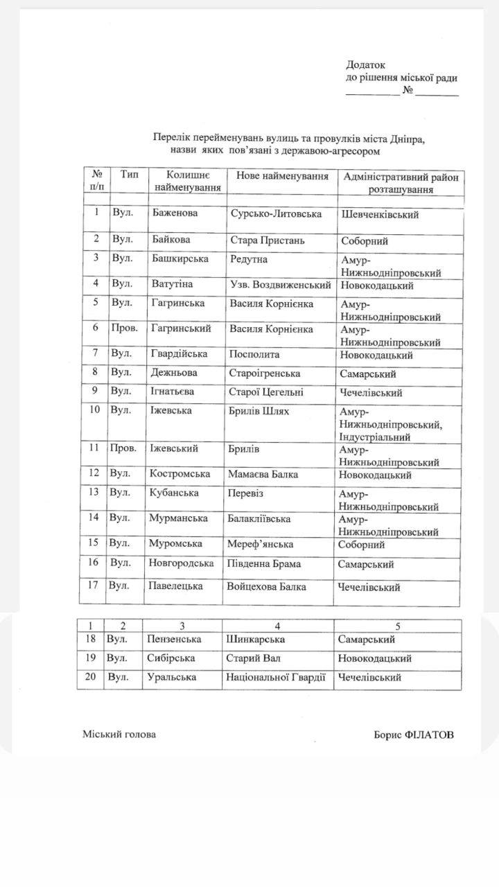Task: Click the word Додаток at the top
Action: [x=365, y=65]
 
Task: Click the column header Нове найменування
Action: [x=282, y=177]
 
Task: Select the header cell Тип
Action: [x=129, y=174]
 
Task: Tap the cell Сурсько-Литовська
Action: [x=275, y=214]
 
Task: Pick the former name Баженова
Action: [x=175, y=213]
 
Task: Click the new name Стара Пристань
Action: [x=268, y=241]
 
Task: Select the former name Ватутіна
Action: [x=172, y=284]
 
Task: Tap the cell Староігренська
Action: [x=265, y=373]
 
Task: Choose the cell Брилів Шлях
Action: [x=259, y=412]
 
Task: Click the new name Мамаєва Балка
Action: [x=263, y=475]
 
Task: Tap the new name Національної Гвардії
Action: [x=275, y=677]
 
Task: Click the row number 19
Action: [x=90, y=658]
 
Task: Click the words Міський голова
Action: [x=119, y=734]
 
